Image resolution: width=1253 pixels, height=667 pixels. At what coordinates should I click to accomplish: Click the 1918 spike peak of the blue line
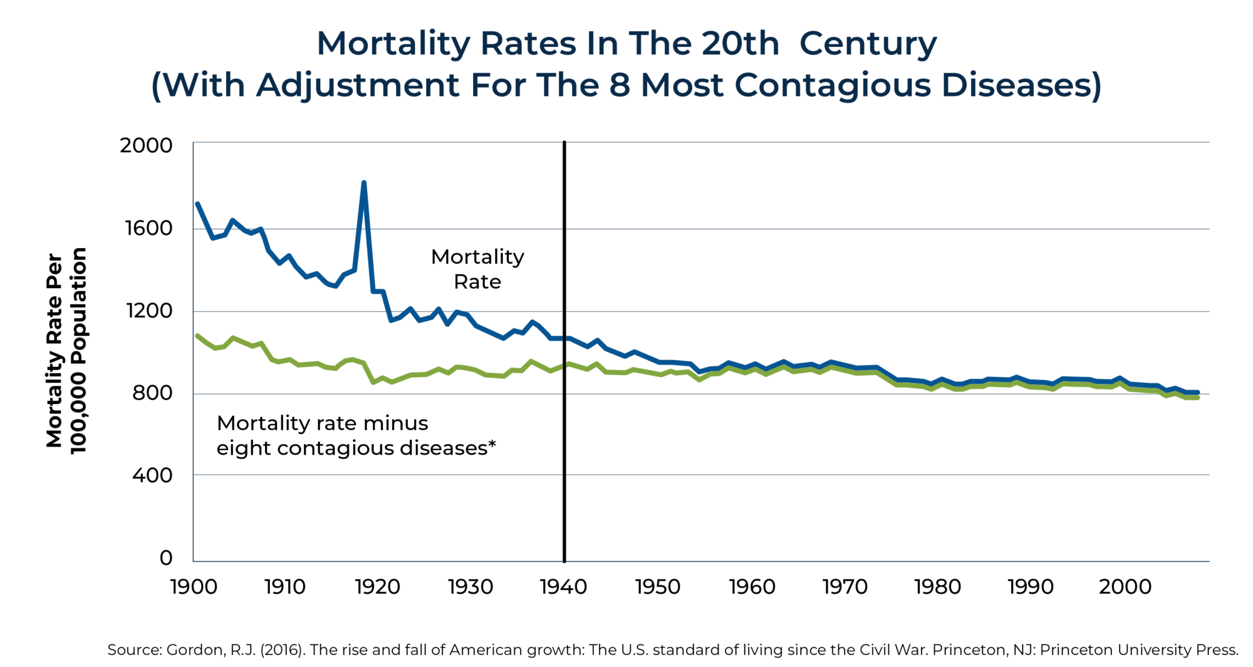pos(363,183)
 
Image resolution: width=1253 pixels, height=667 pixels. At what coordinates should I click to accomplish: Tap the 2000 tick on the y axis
pos(146,145)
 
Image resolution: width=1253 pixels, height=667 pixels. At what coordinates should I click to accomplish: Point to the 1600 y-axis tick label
pos(148,228)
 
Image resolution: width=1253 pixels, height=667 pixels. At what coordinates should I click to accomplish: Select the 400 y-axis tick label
pos(152,475)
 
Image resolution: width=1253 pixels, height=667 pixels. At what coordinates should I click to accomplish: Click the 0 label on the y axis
pos(166,557)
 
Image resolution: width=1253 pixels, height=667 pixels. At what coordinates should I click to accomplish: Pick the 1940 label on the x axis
pos(564,587)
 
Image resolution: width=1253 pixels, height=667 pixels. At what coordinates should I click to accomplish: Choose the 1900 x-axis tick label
pos(194,587)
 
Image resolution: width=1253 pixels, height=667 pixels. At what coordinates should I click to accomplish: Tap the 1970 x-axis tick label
pos(845,587)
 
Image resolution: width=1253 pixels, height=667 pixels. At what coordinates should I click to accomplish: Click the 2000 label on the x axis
pos(1125,587)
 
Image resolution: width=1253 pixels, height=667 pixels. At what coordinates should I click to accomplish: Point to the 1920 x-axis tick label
pos(377,587)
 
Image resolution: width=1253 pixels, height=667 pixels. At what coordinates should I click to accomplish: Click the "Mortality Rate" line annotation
pos(477,269)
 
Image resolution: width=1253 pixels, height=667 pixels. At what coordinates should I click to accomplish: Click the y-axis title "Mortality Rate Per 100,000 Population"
pos(66,351)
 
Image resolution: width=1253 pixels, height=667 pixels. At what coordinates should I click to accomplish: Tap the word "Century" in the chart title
pos(868,44)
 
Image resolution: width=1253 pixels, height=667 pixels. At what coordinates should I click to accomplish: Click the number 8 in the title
pos(619,85)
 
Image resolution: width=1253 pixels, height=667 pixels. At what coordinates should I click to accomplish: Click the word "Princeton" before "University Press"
pos(1067,650)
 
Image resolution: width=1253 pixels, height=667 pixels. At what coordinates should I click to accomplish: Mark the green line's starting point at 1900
pos(197,336)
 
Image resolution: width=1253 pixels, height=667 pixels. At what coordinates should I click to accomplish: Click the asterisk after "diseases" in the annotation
pos(492,445)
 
